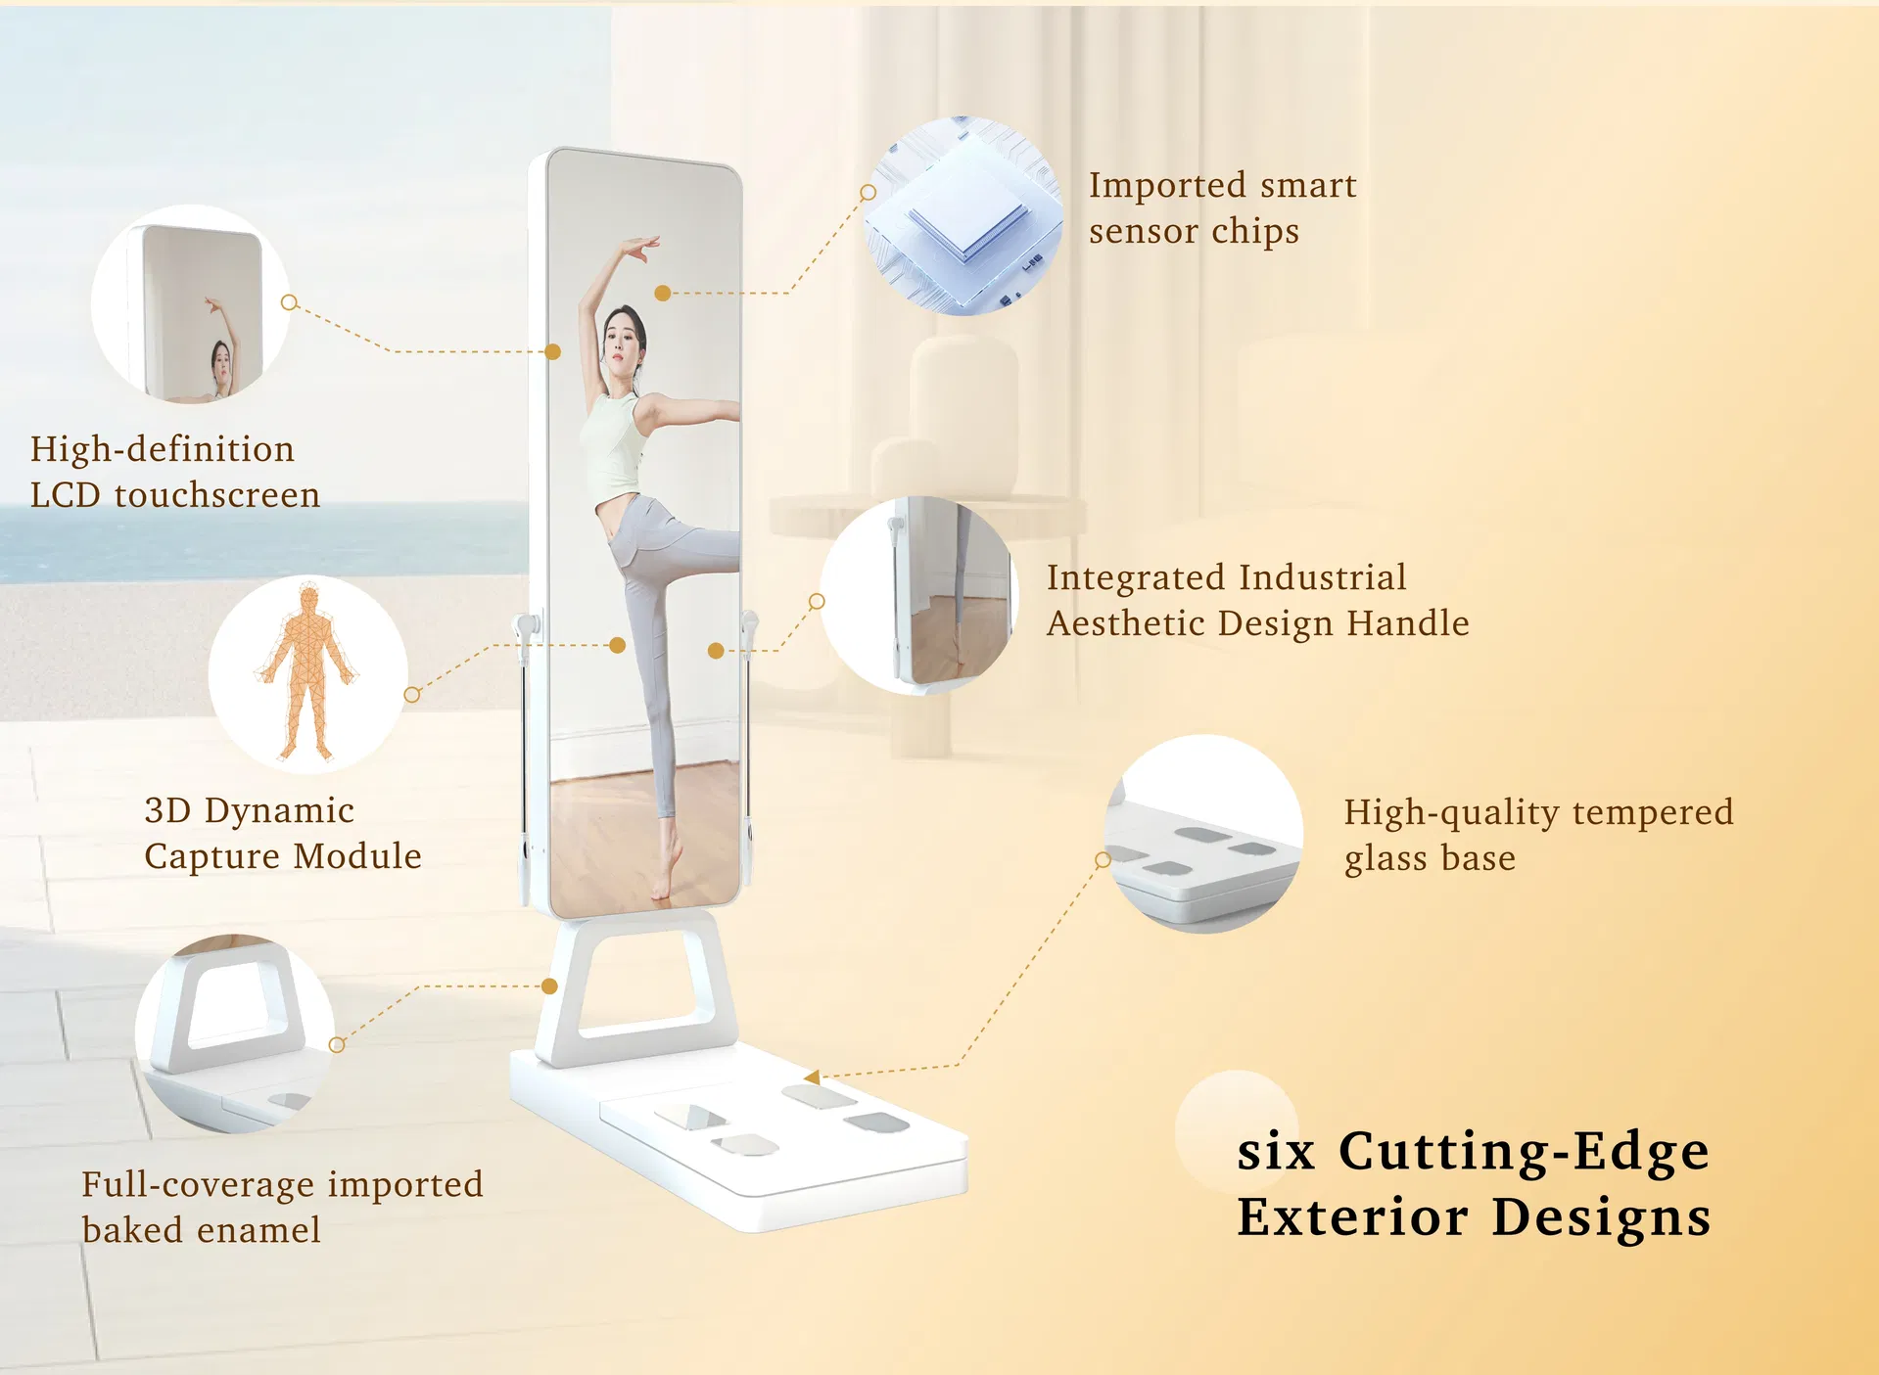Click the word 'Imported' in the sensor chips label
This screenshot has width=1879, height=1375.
[1167, 186]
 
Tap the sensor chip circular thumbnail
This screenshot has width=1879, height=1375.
[963, 215]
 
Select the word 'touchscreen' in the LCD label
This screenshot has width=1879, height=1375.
[217, 495]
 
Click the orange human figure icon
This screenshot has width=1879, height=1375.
[307, 672]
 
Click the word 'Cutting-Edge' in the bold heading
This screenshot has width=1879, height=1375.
[1524, 1151]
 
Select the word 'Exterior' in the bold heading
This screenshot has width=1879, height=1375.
[1352, 1217]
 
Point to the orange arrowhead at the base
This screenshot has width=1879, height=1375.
[812, 1077]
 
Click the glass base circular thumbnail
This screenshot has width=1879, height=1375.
[1203, 834]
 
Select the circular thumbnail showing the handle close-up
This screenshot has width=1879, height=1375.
[919, 595]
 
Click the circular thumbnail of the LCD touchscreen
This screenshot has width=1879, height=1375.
[191, 304]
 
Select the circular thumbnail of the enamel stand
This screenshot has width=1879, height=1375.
[235, 1034]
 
